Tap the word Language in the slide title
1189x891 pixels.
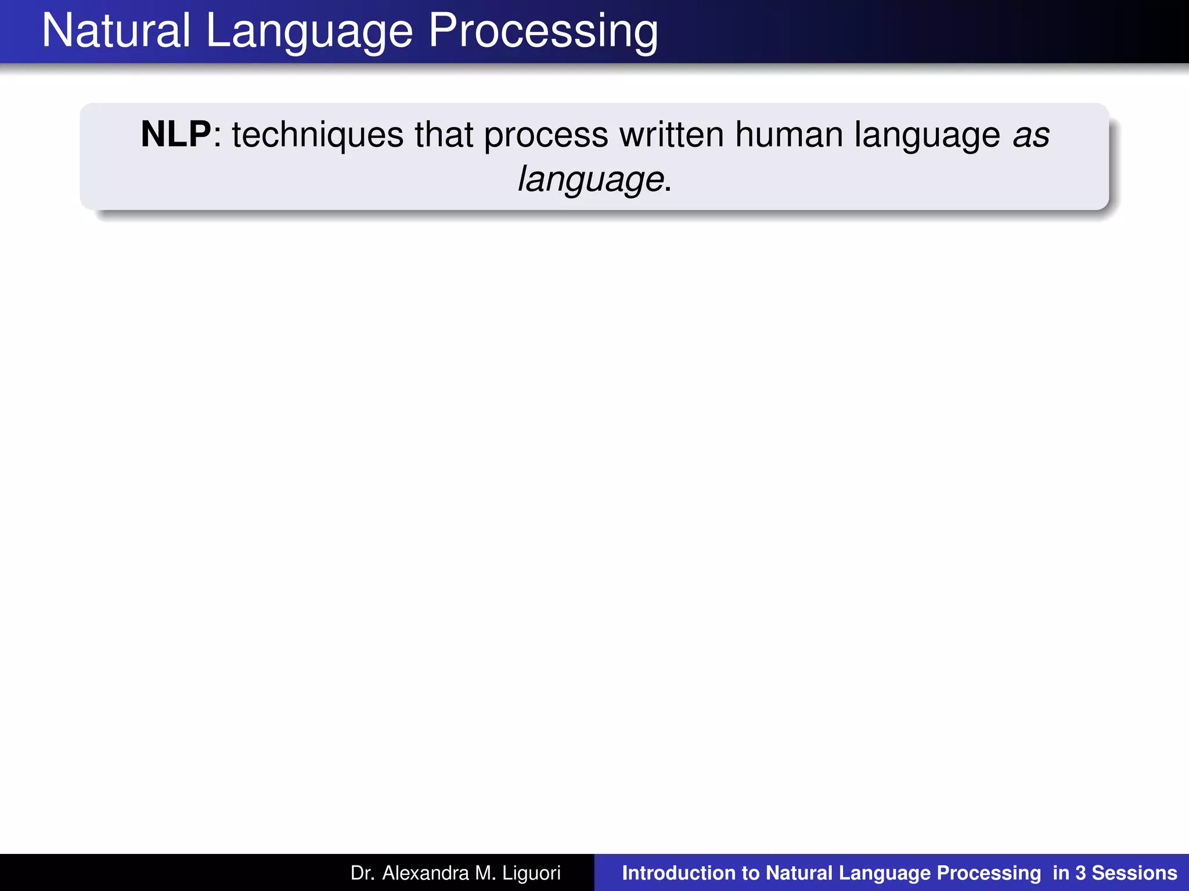tap(309, 32)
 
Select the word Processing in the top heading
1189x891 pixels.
tap(543, 32)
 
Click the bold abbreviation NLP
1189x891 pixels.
tap(176, 135)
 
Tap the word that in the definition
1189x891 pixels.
tap(444, 135)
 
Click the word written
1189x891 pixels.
tap(671, 135)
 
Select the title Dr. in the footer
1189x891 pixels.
tap(362, 872)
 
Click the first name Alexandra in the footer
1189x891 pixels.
tap(425, 872)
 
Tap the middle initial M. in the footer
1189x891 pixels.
tap(485, 872)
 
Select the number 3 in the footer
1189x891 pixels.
tap(1080, 872)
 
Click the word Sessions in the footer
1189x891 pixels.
tap(1134, 872)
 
